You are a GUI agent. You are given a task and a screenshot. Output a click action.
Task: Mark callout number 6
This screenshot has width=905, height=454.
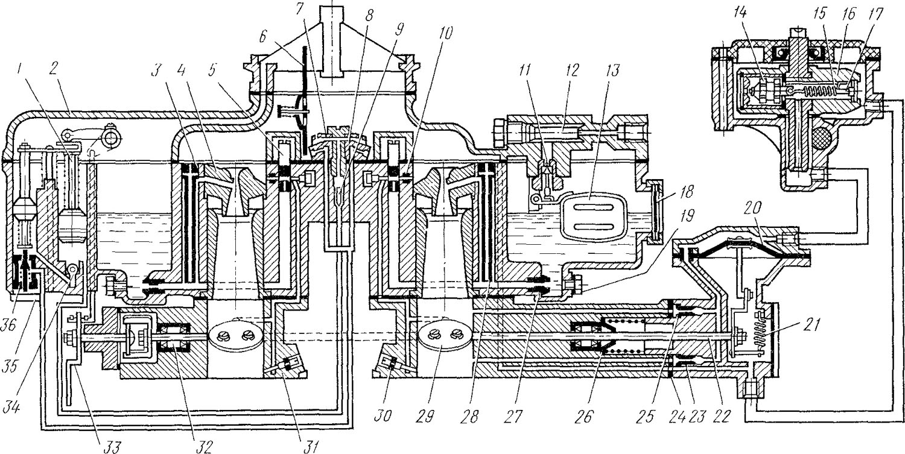tap(263, 39)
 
